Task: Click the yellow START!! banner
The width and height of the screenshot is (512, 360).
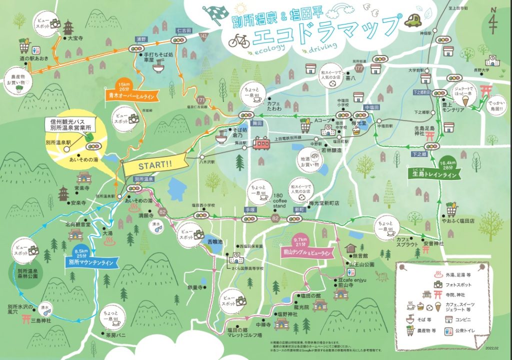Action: pyautogui.click(x=154, y=165)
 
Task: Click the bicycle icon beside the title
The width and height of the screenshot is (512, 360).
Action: pyautogui.click(x=239, y=40)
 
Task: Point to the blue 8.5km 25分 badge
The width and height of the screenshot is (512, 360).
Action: pyautogui.click(x=80, y=253)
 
